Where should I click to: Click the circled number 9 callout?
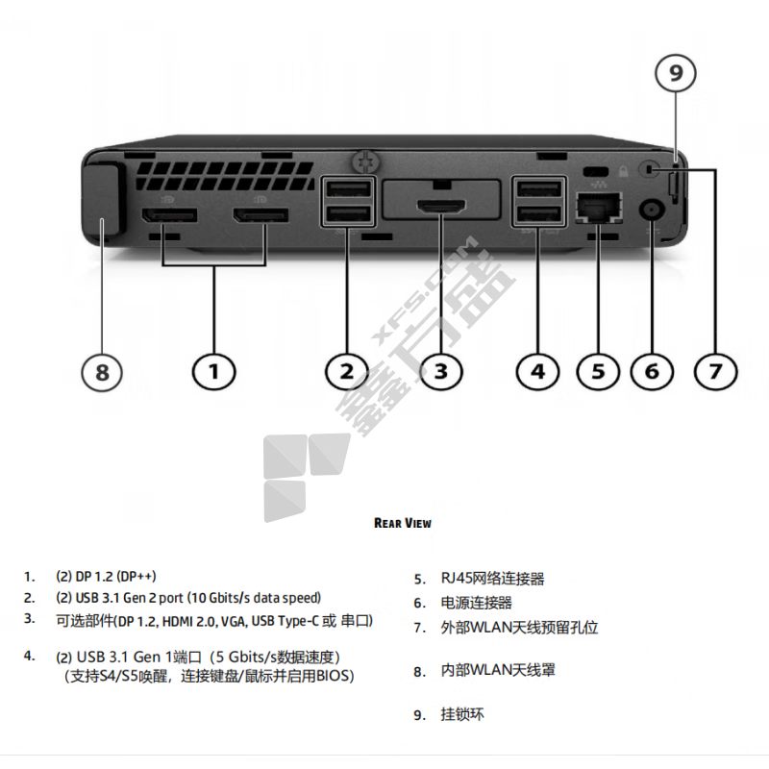pyautogui.click(x=676, y=72)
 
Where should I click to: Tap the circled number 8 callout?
pyautogui.click(x=102, y=370)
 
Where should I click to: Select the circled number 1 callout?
pyautogui.click(x=214, y=370)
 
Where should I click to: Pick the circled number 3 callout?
pyautogui.click(x=441, y=370)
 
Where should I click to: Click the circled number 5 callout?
pyautogui.click(x=598, y=370)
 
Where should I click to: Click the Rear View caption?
pyautogui.click(x=402, y=523)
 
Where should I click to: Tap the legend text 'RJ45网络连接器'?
pyautogui.click(x=492, y=579)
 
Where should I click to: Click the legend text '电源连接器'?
pyautogui.click(x=477, y=603)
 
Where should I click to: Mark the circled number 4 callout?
pyautogui.click(x=537, y=370)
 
